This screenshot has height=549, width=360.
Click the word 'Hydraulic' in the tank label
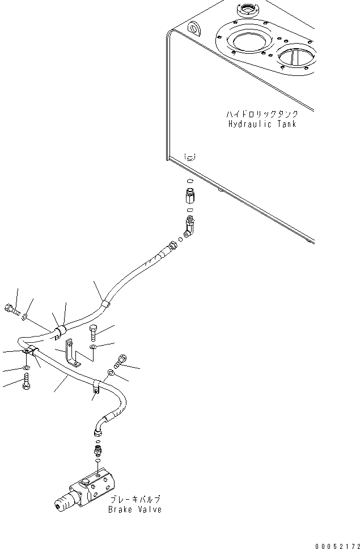[x=247, y=124]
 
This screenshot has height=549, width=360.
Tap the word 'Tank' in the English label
[x=285, y=124]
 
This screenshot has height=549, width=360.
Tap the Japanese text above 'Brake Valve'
[x=135, y=500]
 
